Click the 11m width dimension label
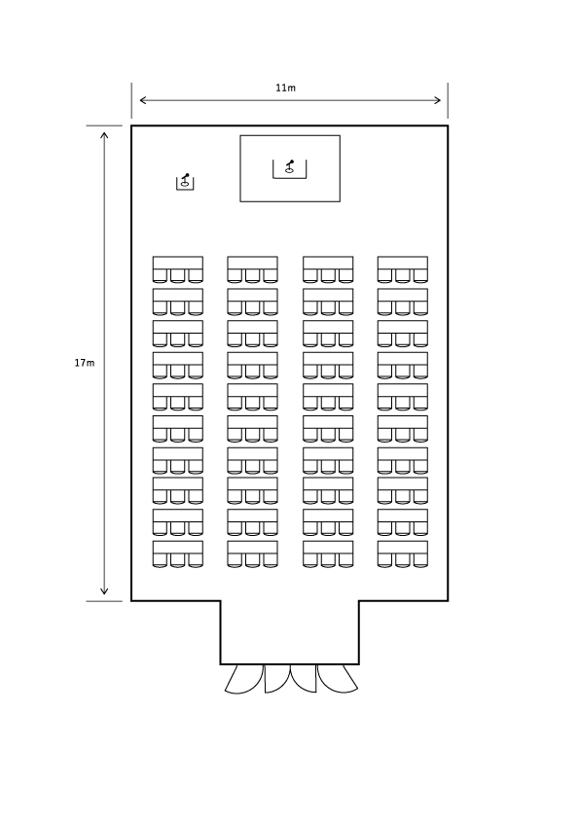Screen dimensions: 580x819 coord(285,88)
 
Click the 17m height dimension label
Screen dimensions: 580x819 coord(85,363)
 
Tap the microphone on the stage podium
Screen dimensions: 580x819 coord(289,166)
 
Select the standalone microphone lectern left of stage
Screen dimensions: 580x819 coord(185,182)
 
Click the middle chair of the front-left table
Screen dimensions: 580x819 coord(178,276)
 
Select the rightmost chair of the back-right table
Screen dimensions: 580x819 coord(420,560)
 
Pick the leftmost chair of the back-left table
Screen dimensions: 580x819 coord(160,560)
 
